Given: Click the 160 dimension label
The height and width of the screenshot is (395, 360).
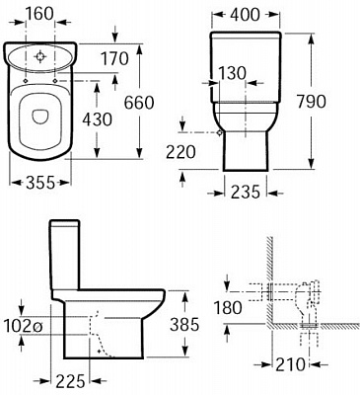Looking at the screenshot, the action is click(39, 14).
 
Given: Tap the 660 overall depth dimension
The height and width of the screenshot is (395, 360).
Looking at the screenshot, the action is click(139, 103).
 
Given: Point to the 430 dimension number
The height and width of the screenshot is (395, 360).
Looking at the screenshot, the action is click(97, 119).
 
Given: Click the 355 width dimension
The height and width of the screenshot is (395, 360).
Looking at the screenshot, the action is click(40, 183).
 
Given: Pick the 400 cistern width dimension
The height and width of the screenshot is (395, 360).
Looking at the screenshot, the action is click(245, 15).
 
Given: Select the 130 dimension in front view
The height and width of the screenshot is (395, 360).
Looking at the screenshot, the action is click(232, 73).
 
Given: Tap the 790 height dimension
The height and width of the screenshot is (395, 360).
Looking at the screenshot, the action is click(312, 102).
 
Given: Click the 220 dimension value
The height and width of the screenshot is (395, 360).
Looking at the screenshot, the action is click(180, 152).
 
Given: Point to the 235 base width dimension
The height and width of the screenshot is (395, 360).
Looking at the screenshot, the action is click(246, 192).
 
